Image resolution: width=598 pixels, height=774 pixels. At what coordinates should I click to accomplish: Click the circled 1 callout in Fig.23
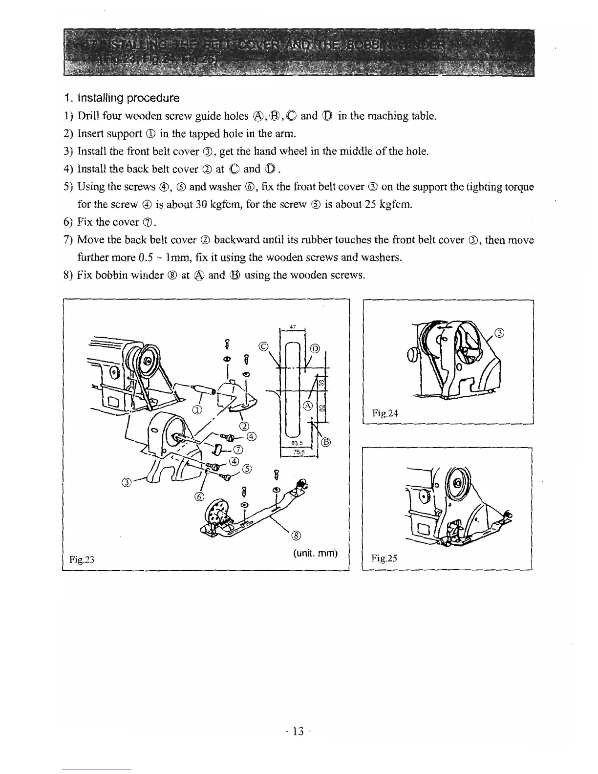click(197, 409)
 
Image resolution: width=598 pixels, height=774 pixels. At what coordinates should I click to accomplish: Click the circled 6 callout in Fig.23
click(199, 497)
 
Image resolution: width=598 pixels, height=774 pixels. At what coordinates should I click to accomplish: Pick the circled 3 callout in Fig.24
click(499, 333)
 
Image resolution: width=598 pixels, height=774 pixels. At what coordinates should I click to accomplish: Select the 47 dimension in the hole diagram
click(293, 326)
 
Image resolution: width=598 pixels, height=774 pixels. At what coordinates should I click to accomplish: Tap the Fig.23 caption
click(82, 559)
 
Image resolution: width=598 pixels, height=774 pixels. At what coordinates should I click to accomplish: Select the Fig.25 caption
click(384, 558)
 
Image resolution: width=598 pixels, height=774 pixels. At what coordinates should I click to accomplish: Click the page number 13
click(298, 731)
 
